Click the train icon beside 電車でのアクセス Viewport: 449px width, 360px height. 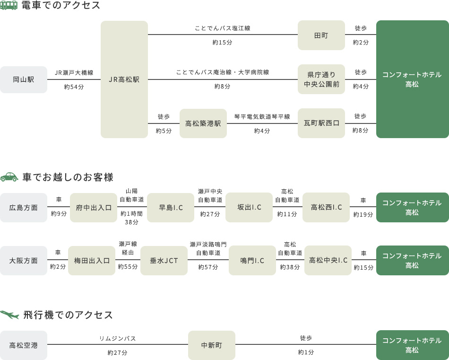(x=9, y=5)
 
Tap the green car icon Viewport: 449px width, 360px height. (x=9, y=177)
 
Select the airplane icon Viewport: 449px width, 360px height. (x=9, y=315)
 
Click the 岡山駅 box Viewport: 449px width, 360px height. (x=24, y=79)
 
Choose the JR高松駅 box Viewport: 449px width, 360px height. (x=124, y=79)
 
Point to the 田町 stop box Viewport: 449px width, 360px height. (x=321, y=35)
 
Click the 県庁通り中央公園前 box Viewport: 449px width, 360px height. (x=321, y=79)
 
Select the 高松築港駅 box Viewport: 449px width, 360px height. (x=203, y=123)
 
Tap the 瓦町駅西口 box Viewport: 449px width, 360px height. (x=321, y=123)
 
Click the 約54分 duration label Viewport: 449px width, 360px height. (x=74, y=87)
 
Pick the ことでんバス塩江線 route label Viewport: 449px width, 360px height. (x=223, y=28)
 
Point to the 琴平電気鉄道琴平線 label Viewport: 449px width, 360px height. (x=262, y=116)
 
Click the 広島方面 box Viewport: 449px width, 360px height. (x=24, y=208)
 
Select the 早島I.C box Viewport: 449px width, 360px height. (x=171, y=208)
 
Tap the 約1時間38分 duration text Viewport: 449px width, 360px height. (x=131, y=218)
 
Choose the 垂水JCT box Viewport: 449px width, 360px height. (x=164, y=261)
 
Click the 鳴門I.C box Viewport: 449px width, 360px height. (x=252, y=261)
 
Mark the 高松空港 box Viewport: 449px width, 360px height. (x=24, y=345)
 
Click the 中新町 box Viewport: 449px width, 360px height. (x=212, y=345)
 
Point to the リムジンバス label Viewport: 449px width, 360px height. (x=117, y=339)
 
